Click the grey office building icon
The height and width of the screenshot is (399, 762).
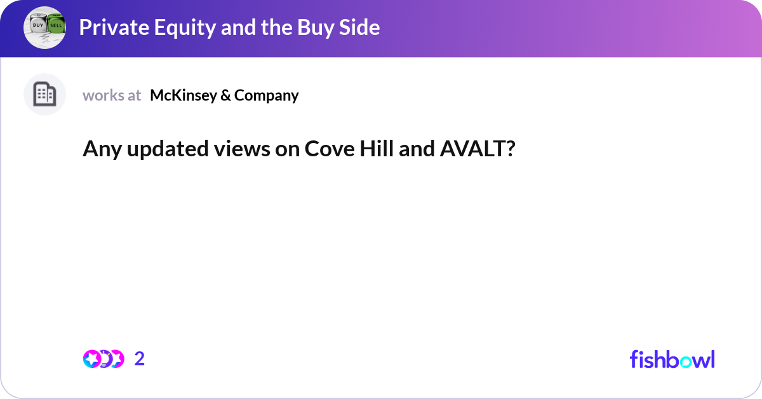[44, 95]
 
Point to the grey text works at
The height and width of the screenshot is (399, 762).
[112, 95]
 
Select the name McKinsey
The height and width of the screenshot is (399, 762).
[182, 95]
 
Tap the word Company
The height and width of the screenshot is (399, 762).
[266, 95]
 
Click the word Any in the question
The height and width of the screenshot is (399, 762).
[98, 149]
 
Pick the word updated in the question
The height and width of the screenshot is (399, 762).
[152, 149]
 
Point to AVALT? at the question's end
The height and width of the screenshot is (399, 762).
[477, 149]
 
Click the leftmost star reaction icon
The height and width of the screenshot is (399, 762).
[91, 359]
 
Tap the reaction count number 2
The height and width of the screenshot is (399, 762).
[140, 359]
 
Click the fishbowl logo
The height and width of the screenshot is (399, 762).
[672, 359]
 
